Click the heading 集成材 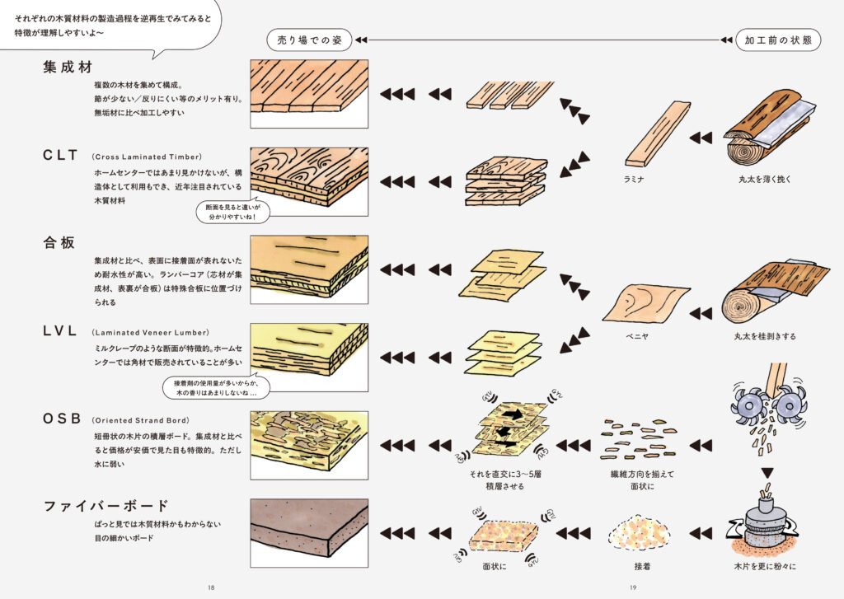tap(67, 67)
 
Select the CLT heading tap(61, 155)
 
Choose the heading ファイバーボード tap(105, 505)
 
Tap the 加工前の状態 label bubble tap(777, 40)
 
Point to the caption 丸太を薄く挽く tap(765, 178)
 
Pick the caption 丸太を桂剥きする tap(764, 336)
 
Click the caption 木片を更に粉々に tap(764, 567)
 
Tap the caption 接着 tap(643, 567)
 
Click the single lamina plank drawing tap(657, 133)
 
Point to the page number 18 tap(211, 587)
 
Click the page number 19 tap(632, 587)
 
